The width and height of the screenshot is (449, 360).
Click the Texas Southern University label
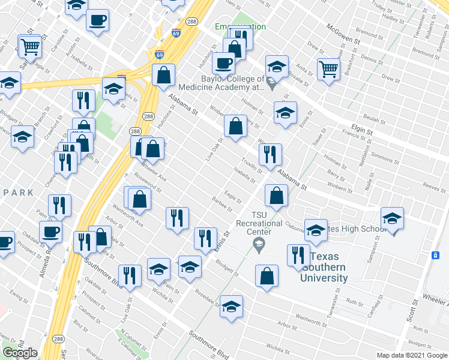pos(325,266)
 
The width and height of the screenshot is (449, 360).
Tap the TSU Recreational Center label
pos(259,223)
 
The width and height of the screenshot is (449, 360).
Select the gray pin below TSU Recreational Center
pos(259,243)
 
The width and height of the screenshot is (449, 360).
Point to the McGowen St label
pos(342,34)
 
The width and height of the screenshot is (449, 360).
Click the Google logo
pos(20,353)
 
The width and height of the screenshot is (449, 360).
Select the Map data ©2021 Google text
pos(411,355)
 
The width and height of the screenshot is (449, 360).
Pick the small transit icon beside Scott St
pos(435,255)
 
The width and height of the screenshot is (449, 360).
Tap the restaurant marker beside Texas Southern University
pos(298,254)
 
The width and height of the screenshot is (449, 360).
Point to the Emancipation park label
pos(241,27)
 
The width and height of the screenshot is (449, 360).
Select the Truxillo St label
pos(251,166)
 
